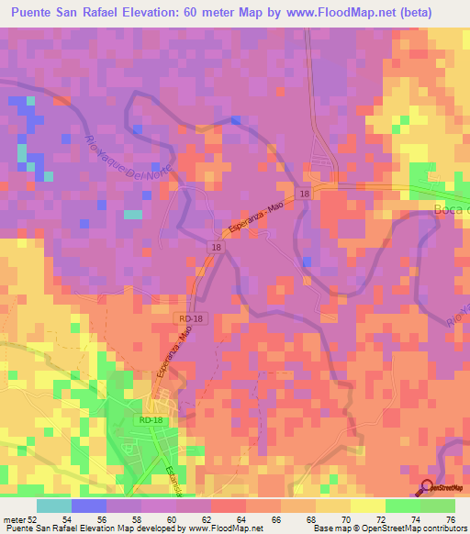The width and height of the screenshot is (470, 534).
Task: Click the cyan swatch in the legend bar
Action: pyautogui.click(x=54, y=506)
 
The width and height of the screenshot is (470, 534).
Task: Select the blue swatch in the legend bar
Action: pyautogui.click(x=89, y=506)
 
